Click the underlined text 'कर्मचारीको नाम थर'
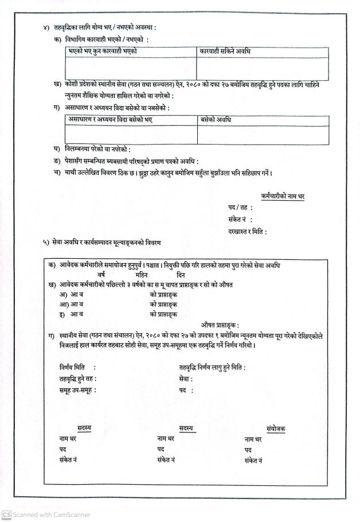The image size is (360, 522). click(281, 196)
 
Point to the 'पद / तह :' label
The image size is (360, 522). click(240, 208)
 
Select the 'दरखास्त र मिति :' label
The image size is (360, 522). click(247, 232)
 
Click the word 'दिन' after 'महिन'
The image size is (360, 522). click(181, 275)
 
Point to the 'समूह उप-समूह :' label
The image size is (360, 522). click(77, 390)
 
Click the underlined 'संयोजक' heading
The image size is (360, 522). click(276, 428)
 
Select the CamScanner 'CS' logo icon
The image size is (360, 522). click(6, 515)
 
